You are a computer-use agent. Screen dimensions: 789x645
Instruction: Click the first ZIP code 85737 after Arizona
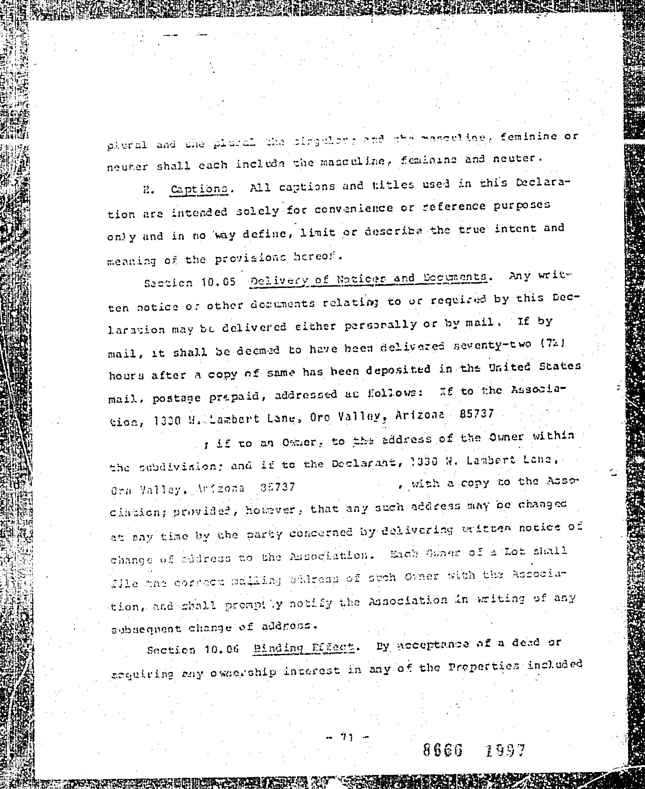pyautogui.click(x=476, y=414)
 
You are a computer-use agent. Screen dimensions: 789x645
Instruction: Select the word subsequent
pyautogui.click(x=146, y=629)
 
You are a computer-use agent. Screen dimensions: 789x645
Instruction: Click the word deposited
pyautogui.click(x=393, y=370)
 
